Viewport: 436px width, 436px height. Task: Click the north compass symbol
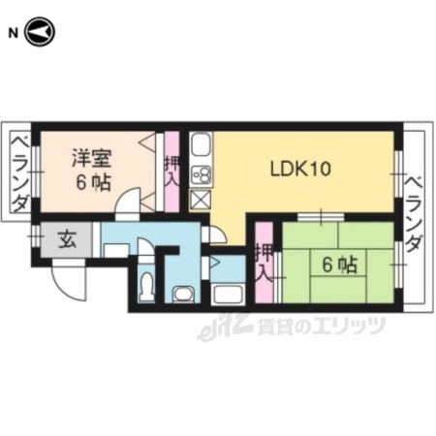click(x=41, y=32)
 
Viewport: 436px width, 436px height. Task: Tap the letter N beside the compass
click(x=13, y=33)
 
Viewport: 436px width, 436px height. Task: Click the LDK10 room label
click(x=300, y=169)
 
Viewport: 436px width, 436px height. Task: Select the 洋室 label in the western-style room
click(x=92, y=158)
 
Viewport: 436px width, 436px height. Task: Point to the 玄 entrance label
click(x=68, y=239)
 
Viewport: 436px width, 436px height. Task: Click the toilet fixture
click(x=146, y=286)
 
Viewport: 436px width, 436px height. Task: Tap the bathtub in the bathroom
click(x=228, y=295)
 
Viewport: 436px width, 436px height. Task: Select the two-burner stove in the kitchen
click(x=201, y=176)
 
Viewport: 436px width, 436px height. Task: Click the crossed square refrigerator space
click(x=201, y=200)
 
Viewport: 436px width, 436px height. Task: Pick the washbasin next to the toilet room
click(x=183, y=295)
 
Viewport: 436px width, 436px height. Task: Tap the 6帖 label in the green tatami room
click(x=339, y=265)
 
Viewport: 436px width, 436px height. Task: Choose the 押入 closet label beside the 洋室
click(x=171, y=171)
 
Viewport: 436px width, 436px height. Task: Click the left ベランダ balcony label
click(x=20, y=173)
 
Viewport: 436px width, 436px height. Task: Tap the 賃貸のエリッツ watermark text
click(x=321, y=326)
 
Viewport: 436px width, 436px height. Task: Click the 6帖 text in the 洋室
click(x=94, y=183)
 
